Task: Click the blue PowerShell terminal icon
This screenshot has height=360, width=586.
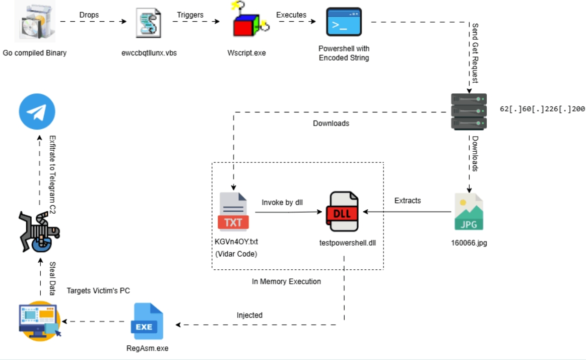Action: (x=344, y=22)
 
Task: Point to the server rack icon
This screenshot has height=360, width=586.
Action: (x=469, y=111)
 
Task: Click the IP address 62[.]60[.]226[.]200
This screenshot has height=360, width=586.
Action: (x=542, y=108)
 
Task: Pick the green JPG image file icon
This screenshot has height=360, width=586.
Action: (x=469, y=212)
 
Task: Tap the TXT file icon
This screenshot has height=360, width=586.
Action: (x=232, y=212)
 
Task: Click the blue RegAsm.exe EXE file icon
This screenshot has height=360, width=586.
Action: (x=147, y=321)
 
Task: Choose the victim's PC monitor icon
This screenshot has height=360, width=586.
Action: (x=39, y=321)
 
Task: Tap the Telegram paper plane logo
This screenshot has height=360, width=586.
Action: (x=37, y=112)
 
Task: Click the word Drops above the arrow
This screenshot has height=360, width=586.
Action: (x=89, y=15)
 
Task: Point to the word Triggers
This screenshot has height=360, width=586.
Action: (x=190, y=15)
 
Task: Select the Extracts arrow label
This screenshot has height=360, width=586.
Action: (x=407, y=201)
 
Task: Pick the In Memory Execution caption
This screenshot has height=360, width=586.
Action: (x=286, y=281)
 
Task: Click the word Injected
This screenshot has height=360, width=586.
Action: (x=250, y=315)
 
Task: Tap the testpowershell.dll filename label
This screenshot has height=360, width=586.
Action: (x=348, y=243)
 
